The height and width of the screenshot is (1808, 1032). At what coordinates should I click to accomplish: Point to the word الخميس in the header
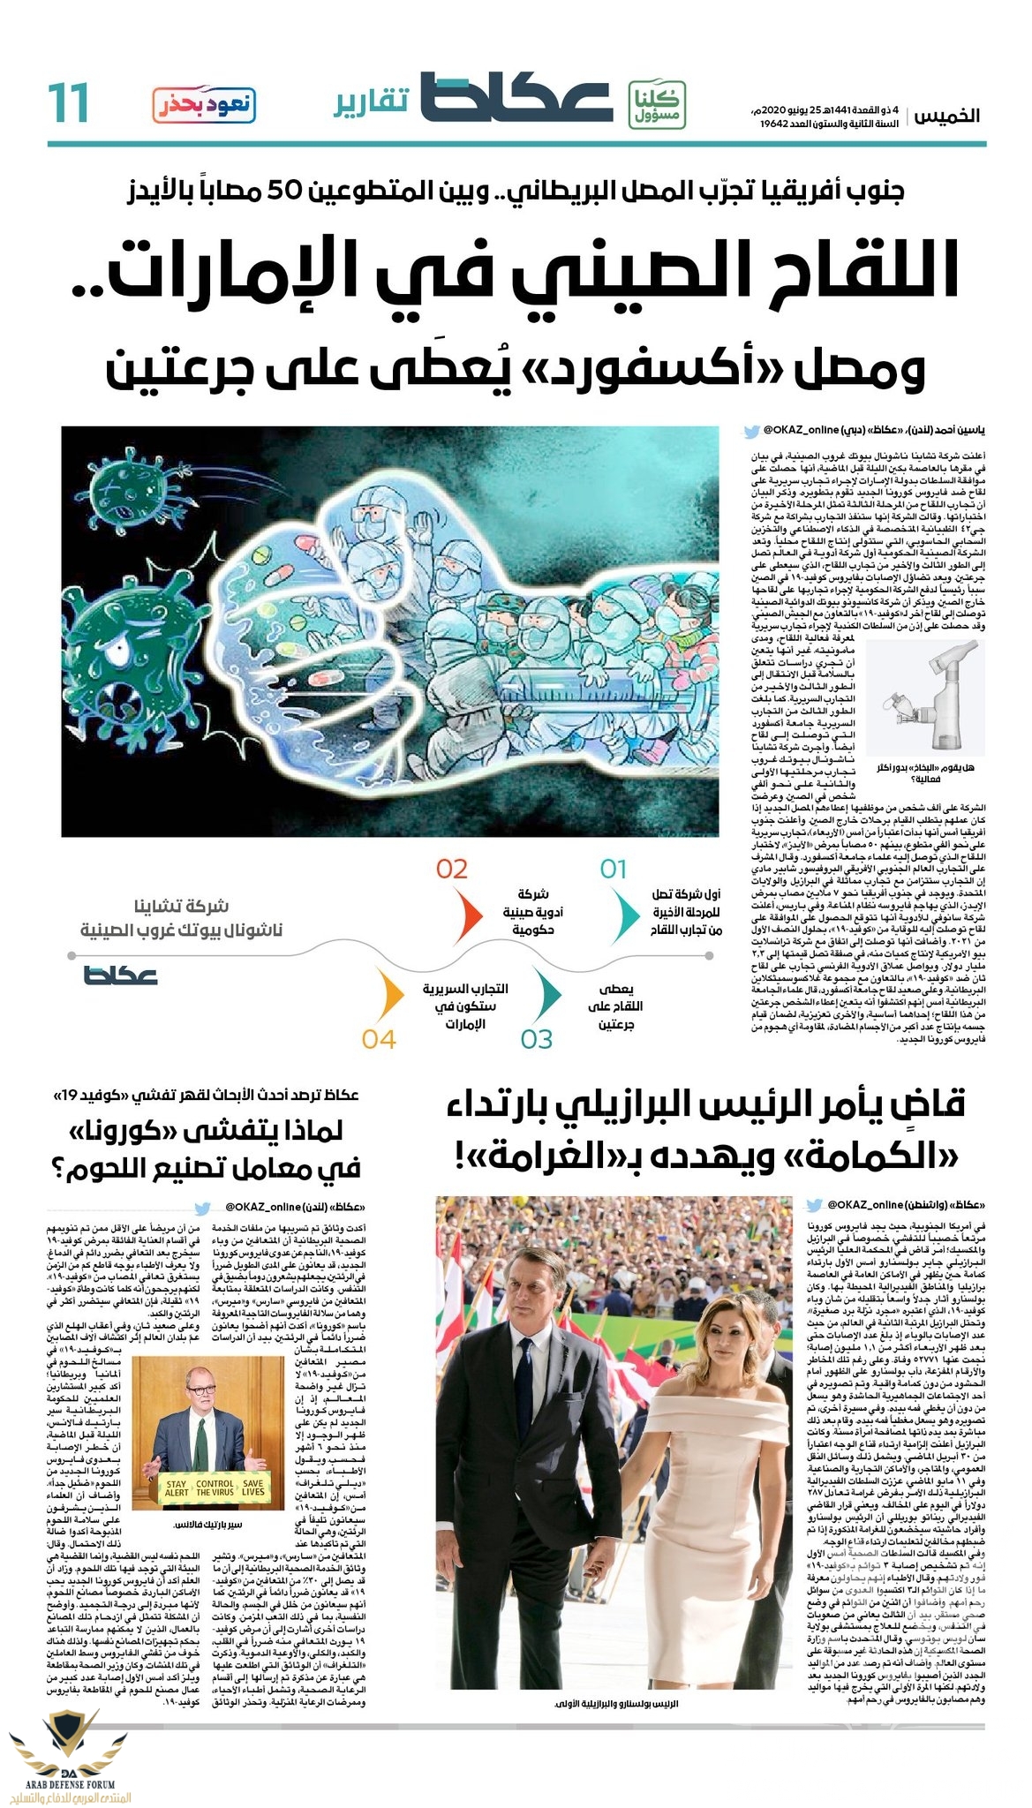(x=947, y=116)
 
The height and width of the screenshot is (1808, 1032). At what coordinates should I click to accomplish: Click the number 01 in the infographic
(x=613, y=869)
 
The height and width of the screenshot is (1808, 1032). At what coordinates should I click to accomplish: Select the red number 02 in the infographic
(x=451, y=869)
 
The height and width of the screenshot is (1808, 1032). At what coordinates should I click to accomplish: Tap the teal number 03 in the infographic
(x=536, y=1039)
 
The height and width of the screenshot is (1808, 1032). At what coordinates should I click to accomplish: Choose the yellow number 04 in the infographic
(x=378, y=1039)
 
